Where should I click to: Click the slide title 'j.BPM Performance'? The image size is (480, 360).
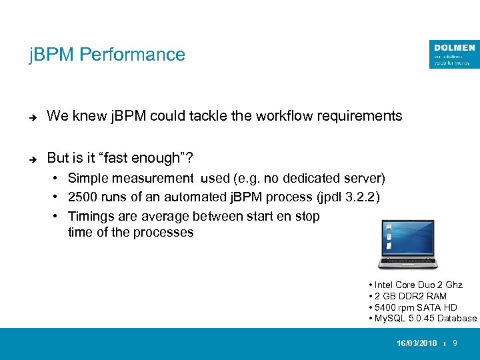pyautogui.click(x=107, y=55)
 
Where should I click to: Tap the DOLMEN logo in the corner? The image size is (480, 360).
pyautogui.click(x=454, y=54)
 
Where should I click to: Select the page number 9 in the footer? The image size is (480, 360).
pyautogui.click(x=455, y=343)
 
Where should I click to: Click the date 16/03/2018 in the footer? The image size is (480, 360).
pyautogui.click(x=417, y=343)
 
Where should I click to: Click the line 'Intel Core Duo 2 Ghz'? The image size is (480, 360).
pyautogui.click(x=418, y=285)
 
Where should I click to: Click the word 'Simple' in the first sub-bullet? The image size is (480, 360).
pyautogui.click(x=88, y=179)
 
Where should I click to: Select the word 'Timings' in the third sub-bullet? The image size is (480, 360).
pyautogui.click(x=91, y=216)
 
